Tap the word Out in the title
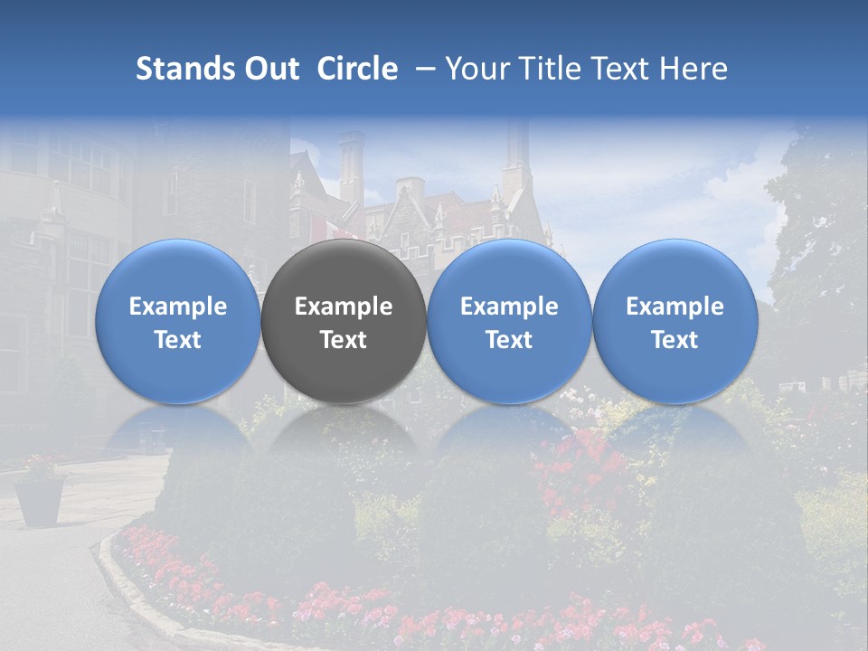click(269, 69)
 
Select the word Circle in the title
click(357, 69)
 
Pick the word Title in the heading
click(551, 69)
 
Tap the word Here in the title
click(693, 69)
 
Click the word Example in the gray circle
click(344, 307)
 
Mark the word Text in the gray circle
click(344, 340)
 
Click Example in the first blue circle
click(178, 307)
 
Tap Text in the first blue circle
click(178, 340)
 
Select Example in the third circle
click(509, 307)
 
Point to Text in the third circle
click(509, 340)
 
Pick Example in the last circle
click(675, 307)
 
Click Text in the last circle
click(675, 340)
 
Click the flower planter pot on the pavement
click(40, 500)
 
